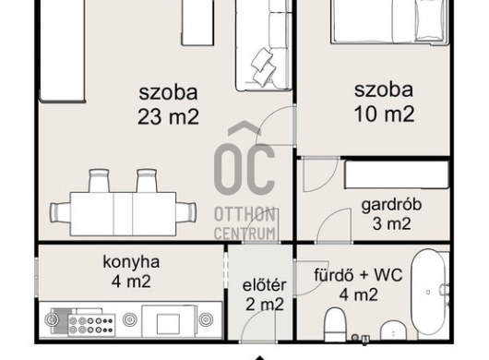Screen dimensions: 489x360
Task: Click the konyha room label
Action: click(x=131, y=262)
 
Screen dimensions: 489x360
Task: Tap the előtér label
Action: click(x=264, y=285)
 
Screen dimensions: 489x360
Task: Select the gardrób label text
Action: click(x=391, y=205)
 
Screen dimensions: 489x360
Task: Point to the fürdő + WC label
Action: click(x=358, y=275)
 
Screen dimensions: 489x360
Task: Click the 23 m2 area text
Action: click(x=168, y=116)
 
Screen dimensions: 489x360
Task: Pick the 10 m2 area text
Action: click(x=384, y=114)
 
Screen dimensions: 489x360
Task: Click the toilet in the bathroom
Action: click(x=335, y=324)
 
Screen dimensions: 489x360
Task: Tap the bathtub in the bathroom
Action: click(x=428, y=292)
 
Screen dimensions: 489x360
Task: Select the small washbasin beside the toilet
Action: click(x=394, y=331)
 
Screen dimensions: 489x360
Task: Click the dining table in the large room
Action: click(x=124, y=214)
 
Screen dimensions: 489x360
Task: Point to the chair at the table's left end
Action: click(x=60, y=212)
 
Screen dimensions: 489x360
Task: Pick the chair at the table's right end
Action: click(x=186, y=212)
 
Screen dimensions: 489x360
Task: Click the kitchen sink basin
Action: click(x=169, y=322)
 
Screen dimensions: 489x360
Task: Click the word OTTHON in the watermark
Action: click(x=244, y=215)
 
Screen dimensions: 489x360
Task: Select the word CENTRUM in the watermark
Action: click(x=244, y=234)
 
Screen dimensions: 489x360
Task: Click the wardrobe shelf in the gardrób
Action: click(x=397, y=174)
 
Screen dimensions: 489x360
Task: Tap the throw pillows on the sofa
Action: click(x=264, y=67)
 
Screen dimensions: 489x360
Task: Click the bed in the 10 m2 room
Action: click(x=389, y=20)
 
